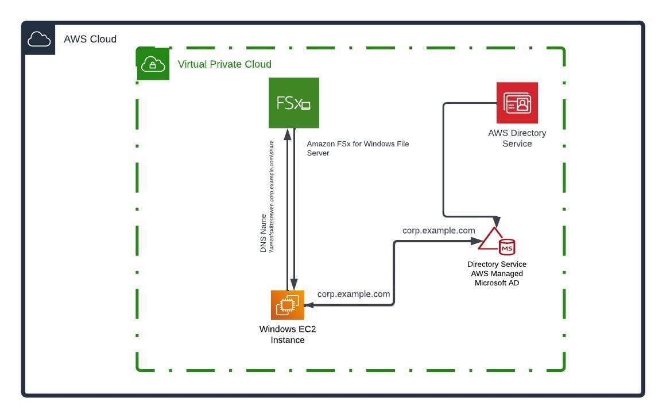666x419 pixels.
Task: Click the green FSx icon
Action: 293,103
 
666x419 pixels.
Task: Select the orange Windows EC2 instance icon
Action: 288,305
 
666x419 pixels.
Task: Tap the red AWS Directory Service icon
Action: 517,103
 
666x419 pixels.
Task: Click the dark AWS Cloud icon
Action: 39,39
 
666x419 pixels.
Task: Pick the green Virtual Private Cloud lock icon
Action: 153,64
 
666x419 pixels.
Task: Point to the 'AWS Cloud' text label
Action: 90,39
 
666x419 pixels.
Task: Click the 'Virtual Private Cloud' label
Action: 224,64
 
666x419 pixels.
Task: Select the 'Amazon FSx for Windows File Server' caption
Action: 358,148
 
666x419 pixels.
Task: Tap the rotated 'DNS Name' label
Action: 264,233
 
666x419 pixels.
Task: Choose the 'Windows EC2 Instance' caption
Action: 288,335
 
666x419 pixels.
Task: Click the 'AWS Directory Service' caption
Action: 517,138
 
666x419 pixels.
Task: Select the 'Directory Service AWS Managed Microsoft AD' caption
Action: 497,274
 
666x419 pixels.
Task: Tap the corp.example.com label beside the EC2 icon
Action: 354,294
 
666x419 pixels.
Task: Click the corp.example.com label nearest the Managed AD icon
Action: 439,230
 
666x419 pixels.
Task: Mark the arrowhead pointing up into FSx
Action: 287,134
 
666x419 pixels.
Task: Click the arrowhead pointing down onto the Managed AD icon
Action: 497,223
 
